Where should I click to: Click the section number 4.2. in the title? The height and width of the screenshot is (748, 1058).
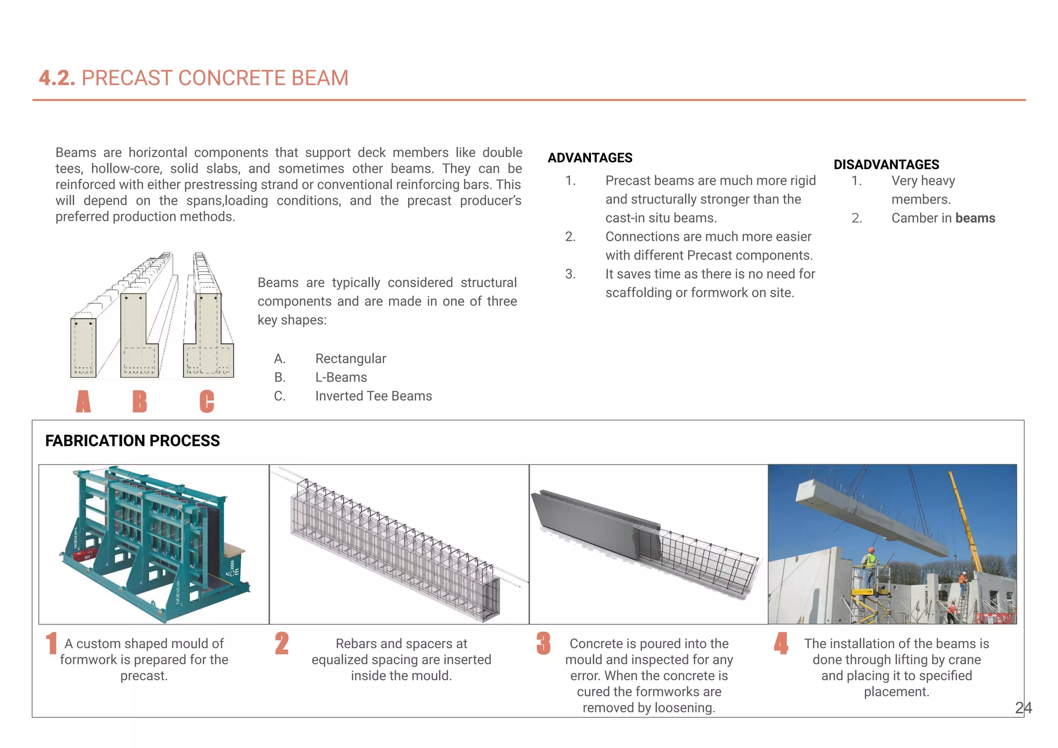(x=57, y=78)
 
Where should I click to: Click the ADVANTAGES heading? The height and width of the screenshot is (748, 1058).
(x=590, y=158)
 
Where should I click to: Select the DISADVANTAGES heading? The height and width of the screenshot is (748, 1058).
(x=886, y=164)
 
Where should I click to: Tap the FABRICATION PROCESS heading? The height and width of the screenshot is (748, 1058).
(x=132, y=440)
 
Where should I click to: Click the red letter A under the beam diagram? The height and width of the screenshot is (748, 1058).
(x=83, y=402)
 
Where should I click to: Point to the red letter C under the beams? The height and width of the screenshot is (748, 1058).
(x=207, y=402)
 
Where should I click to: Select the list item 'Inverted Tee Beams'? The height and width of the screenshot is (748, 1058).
(x=373, y=396)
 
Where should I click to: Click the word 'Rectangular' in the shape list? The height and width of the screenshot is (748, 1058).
(x=350, y=359)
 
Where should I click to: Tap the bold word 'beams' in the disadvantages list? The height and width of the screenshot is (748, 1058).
(x=975, y=218)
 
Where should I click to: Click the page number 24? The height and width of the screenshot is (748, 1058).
(x=1023, y=708)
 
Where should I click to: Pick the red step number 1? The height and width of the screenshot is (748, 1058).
(x=51, y=644)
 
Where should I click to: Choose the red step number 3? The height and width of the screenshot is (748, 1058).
(x=543, y=644)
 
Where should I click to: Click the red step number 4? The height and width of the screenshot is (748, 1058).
(x=781, y=644)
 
